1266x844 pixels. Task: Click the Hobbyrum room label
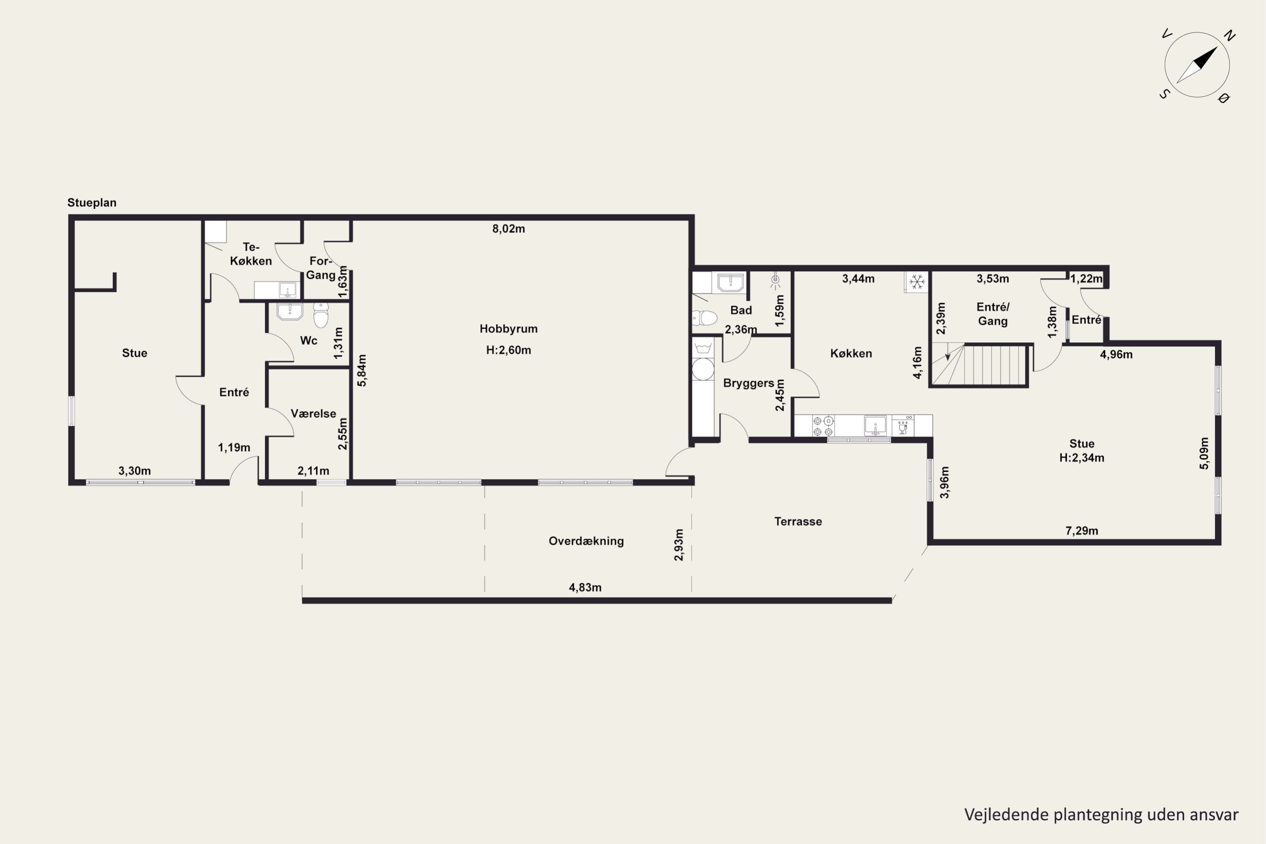508,329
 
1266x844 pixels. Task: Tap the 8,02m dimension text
508,229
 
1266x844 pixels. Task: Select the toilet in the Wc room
321,315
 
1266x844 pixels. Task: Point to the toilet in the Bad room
705,318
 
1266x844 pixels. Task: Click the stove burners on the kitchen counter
823,426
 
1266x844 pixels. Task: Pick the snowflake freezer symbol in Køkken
917,281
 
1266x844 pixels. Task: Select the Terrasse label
798,522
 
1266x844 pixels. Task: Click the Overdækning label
586,541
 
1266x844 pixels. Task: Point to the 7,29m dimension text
1081,531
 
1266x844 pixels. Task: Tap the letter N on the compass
1229,36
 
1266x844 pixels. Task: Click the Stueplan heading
92,203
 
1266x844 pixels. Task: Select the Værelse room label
313,414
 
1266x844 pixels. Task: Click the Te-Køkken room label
251,254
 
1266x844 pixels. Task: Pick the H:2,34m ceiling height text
1081,458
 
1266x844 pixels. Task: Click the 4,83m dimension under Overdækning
585,587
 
